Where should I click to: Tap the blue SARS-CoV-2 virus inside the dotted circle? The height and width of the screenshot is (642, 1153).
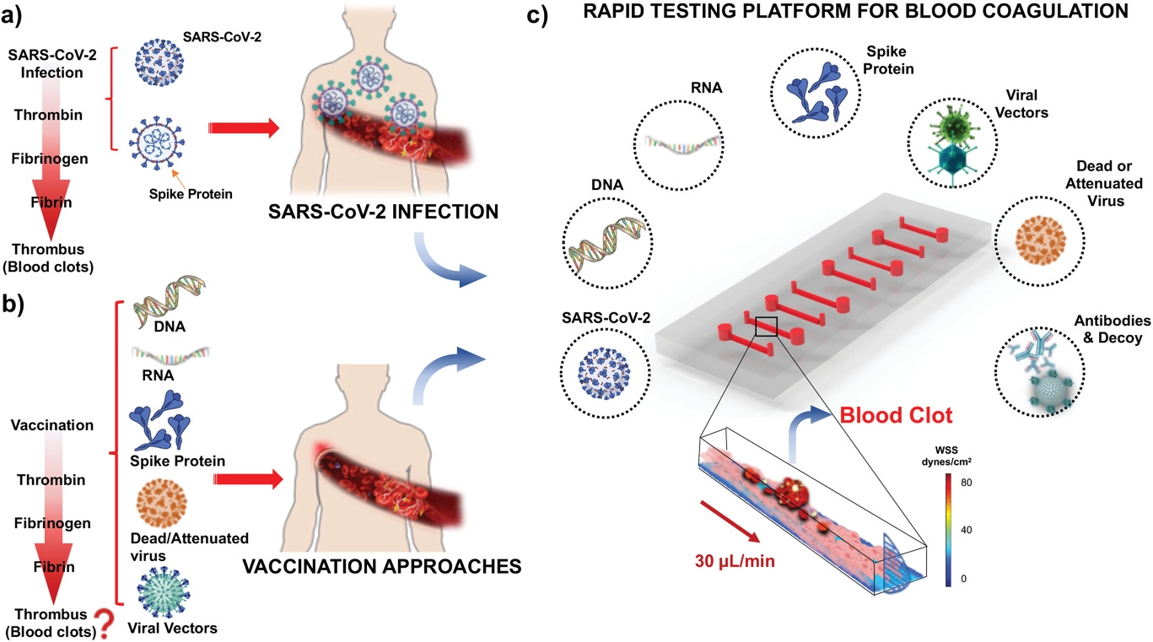(606, 370)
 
